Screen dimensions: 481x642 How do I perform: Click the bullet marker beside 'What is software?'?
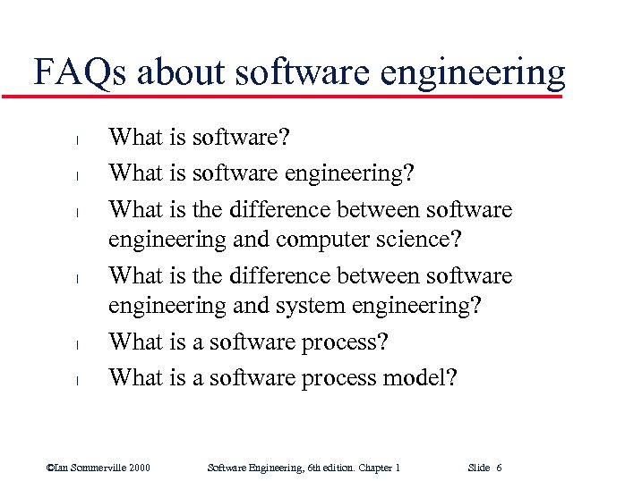pyautogui.click(x=77, y=139)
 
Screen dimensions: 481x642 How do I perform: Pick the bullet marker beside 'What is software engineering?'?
pyautogui.click(x=77, y=176)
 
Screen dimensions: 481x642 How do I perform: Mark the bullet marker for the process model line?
pyautogui.click(x=77, y=380)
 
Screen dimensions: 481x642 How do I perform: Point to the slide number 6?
pyautogui.click(x=498, y=468)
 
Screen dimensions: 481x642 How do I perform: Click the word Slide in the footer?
pyautogui.click(x=479, y=468)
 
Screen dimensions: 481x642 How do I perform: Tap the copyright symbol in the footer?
pyautogui.click(x=50, y=468)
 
